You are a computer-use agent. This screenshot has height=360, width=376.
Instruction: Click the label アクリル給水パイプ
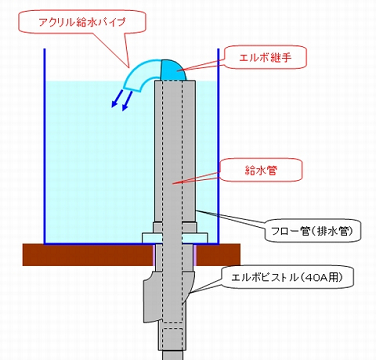click(82, 23)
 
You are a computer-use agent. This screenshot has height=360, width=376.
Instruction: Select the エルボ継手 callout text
click(265, 57)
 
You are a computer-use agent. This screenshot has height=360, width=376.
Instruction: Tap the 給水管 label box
click(261, 170)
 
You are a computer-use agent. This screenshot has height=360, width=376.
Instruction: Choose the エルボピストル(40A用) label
click(287, 277)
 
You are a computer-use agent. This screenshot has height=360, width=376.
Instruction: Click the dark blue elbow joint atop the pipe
click(173, 70)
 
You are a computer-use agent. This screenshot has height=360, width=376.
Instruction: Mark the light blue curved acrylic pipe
click(142, 75)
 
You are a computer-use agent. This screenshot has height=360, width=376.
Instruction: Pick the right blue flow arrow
click(127, 101)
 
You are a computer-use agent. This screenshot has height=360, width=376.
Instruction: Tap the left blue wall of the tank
click(44, 146)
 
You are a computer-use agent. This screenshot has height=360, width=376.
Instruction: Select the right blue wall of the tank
click(219, 146)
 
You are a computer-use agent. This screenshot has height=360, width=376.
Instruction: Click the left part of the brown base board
click(88, 255)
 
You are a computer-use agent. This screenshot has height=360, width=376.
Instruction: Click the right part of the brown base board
click(218, 255)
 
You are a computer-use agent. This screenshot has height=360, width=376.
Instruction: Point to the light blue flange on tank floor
click(175, 238)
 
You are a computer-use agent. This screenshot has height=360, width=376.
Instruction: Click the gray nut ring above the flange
click(175, 227)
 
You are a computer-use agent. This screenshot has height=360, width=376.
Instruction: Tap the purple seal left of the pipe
click(154, 255)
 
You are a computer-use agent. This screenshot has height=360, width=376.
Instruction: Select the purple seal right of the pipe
click(195, 255)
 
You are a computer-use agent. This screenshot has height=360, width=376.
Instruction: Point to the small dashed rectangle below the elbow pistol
click(173, 339)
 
